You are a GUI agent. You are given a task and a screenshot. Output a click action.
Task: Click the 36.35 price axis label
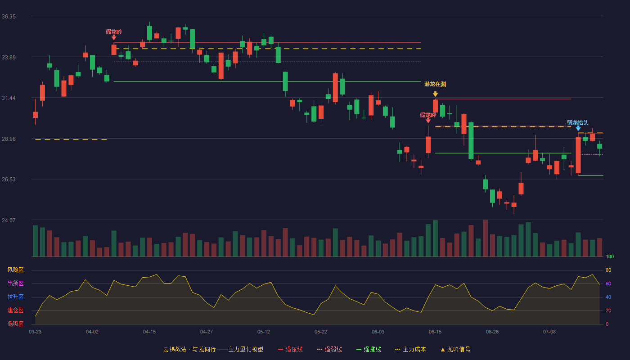(9, 17)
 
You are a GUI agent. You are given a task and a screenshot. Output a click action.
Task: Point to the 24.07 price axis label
(9, 220)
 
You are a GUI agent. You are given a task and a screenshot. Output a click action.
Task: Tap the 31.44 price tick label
(9, 98)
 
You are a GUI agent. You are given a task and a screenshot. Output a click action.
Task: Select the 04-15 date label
(149, 332)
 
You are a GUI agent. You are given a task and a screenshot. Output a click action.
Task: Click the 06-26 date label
(492, 332)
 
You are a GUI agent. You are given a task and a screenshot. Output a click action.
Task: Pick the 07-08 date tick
(549, 332)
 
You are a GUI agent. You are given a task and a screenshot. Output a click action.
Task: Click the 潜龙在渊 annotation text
(435, 84)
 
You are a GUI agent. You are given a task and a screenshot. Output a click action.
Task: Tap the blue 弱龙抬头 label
(577, 122)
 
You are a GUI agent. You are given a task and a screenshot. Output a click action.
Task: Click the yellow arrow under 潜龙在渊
(435, 94)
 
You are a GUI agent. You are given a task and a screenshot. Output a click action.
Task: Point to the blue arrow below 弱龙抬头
(578, 129)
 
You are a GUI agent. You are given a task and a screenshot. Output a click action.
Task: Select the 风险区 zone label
(15, 270)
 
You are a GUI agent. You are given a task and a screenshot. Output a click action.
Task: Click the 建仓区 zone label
(15, 310)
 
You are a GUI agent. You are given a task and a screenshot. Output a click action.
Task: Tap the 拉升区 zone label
(15, 297)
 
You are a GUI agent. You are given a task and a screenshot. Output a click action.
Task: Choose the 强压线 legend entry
(290, 349)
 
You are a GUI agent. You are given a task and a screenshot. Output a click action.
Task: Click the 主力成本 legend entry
(410, 349)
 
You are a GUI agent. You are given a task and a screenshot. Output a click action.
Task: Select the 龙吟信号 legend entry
(455, 349)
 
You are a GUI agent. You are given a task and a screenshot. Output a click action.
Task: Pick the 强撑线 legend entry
(369, 349)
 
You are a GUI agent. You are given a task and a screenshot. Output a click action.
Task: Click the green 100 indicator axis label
(610, 256)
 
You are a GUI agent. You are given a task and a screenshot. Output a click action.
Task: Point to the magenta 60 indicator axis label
(608, 283)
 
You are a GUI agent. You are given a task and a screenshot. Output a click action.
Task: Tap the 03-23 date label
(35, 332)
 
